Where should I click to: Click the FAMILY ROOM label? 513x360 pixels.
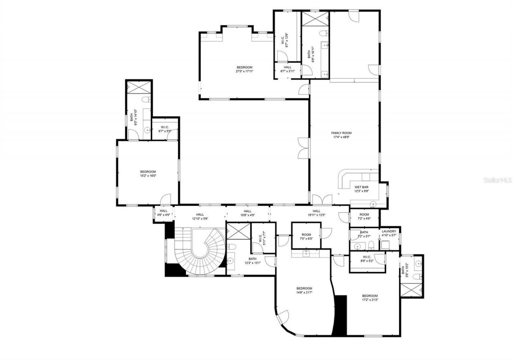[341, 133]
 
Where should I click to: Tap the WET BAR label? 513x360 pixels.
[361, 187]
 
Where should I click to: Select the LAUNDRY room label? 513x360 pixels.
[389, 231]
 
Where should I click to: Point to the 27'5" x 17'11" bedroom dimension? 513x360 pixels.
[244, 71]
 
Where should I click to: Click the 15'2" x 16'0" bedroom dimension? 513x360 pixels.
[147, 176]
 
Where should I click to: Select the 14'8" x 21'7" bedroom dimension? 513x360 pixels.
[304, 292]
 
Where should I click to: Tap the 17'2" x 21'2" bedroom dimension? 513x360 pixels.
[370, 299]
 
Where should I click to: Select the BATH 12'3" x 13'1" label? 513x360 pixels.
[252, 261]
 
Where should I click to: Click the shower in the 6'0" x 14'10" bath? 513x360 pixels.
[139, 87]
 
